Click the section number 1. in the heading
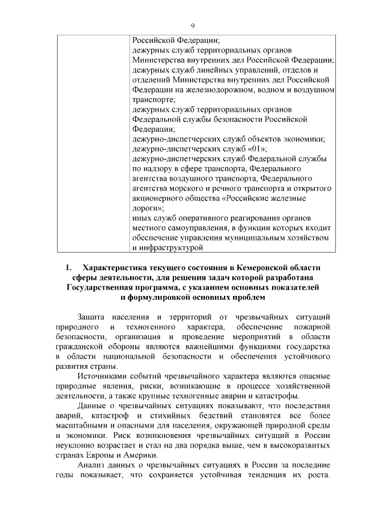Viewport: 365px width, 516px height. (x=69, y=267)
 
